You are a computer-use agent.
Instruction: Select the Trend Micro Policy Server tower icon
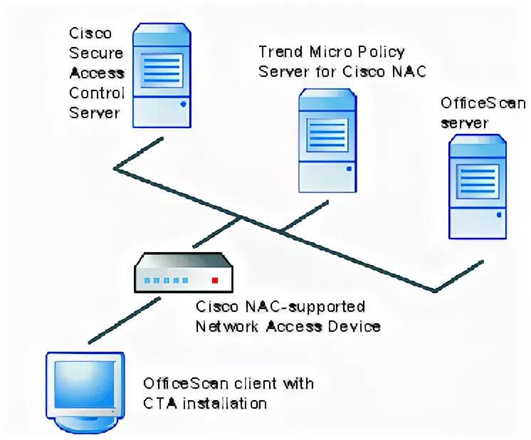tap(327, 140)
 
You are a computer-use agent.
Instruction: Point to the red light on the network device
tap(215, 281)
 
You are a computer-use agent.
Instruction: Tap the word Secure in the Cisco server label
tap(96, 53)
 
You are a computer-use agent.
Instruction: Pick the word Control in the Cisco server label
tap(97, 93)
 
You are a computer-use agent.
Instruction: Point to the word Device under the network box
tap(354, 327)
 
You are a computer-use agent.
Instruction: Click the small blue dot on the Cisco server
tap(184, 103)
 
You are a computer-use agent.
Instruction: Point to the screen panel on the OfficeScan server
tap(477, 181)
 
